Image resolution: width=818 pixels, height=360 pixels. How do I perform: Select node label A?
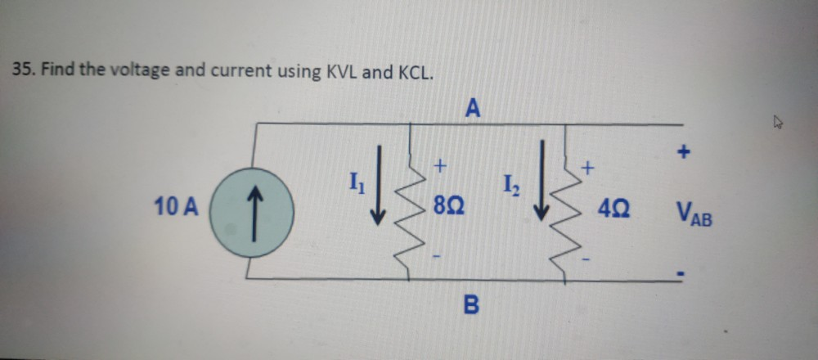[473, 106]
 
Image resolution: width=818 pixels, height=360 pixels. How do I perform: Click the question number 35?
[23, 71]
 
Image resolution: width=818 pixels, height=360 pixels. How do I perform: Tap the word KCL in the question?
[415, 71]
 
